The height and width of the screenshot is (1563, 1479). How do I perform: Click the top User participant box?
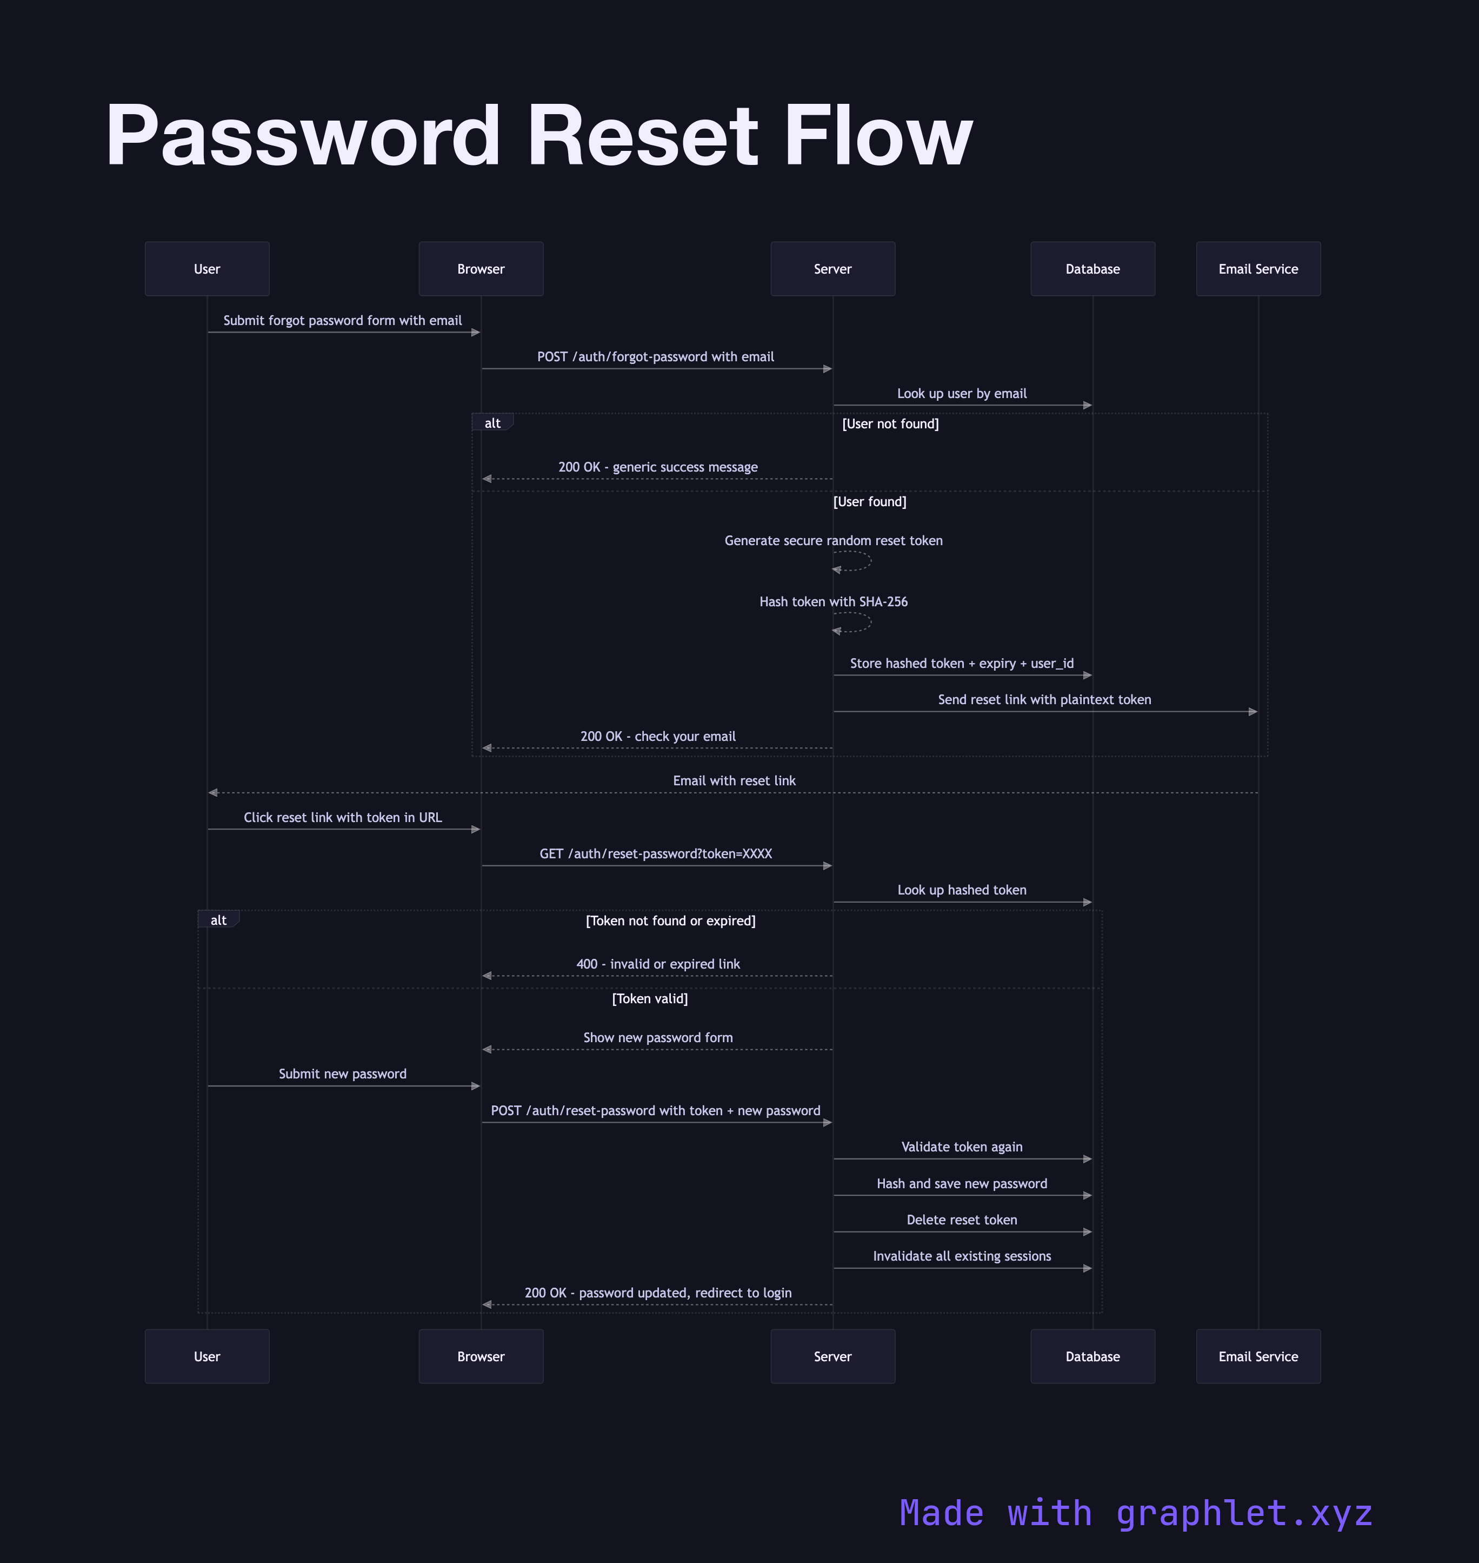pos(206,269)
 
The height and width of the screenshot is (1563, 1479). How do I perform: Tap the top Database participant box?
pos(1092,269)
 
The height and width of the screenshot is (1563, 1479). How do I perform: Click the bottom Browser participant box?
pos(481,1356)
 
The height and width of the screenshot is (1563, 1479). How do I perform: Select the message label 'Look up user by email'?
pos(961,394)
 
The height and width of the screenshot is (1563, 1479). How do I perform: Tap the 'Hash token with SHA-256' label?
pos(834,602)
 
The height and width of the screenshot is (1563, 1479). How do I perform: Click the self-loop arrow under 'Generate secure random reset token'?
pos(854,561)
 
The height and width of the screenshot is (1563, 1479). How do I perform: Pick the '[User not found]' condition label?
pos(890,423)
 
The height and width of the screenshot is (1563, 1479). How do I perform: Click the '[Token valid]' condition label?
pos(650,998)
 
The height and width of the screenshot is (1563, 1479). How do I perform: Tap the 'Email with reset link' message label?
pos(734,781)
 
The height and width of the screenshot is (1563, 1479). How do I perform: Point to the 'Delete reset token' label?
pos(961,1220)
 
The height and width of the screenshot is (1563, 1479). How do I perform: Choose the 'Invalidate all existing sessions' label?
pos(961,1256)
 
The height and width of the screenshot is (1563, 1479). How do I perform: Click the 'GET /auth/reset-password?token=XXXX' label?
pos(655,853)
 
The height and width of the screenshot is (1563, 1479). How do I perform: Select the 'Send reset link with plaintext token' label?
pos(1044,699)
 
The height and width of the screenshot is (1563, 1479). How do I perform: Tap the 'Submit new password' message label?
pos(342,1074)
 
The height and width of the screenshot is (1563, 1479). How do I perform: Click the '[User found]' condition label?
pos(870,501)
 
